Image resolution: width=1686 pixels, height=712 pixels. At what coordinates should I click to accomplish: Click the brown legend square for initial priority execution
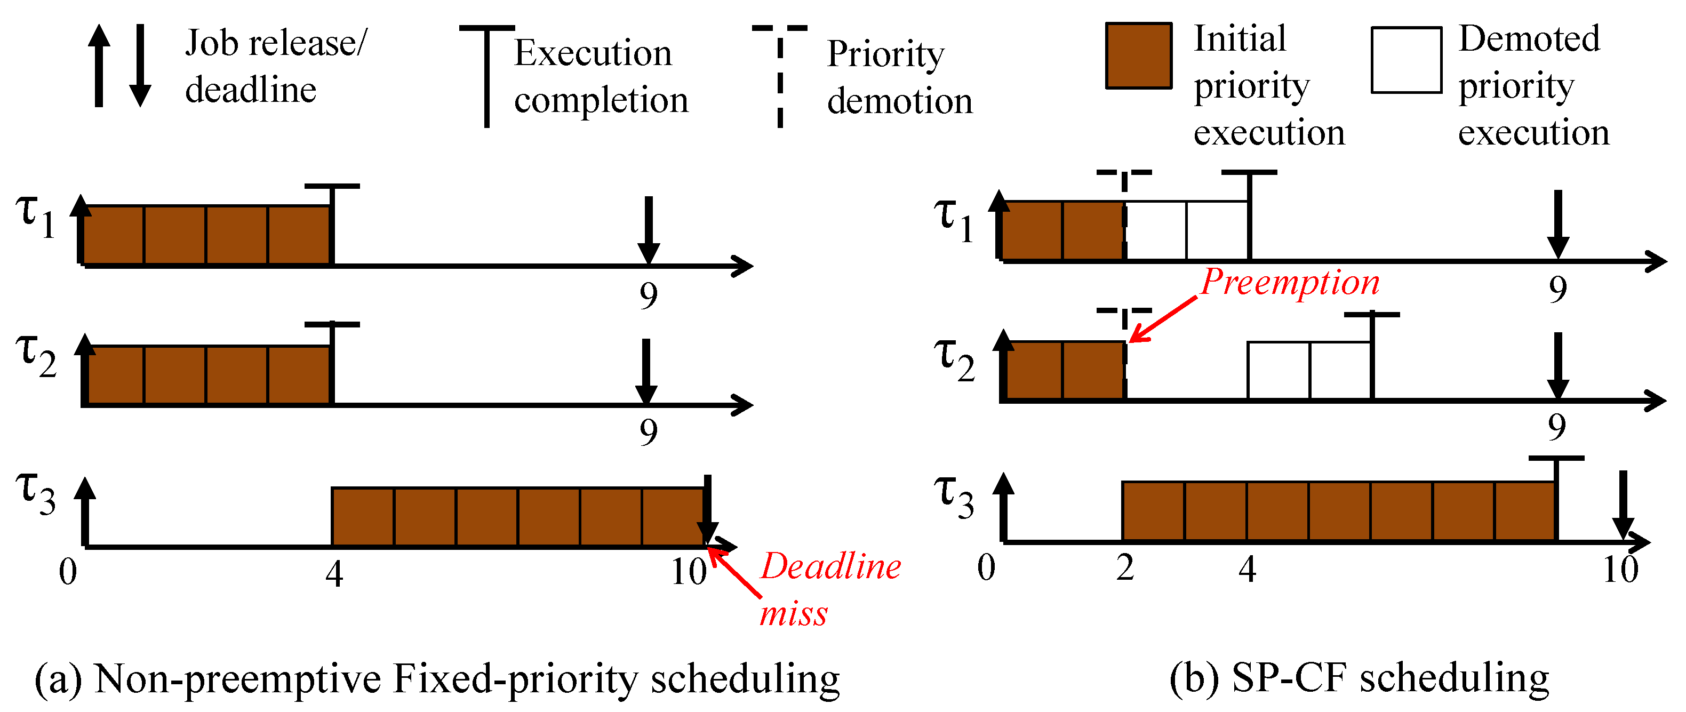1138,55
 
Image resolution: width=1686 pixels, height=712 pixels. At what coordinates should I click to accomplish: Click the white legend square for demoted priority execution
1406,60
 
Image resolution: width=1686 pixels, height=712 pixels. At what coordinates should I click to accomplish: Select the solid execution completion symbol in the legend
486,75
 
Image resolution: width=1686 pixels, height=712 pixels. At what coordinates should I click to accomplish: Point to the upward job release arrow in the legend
99,66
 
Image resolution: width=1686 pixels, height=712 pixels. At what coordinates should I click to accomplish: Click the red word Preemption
1289,283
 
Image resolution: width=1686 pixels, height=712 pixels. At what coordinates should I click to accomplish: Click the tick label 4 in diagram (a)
334,574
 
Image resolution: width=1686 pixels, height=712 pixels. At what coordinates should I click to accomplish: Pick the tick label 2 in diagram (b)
1125,568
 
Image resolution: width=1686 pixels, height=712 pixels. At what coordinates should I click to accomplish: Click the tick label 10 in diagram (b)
1620,570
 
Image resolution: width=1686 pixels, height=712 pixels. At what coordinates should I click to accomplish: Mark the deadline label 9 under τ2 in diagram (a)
648,432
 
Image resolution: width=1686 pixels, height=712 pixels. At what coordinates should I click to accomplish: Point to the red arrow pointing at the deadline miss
736,573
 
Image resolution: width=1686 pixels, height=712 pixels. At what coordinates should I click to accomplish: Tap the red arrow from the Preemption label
1164,319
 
